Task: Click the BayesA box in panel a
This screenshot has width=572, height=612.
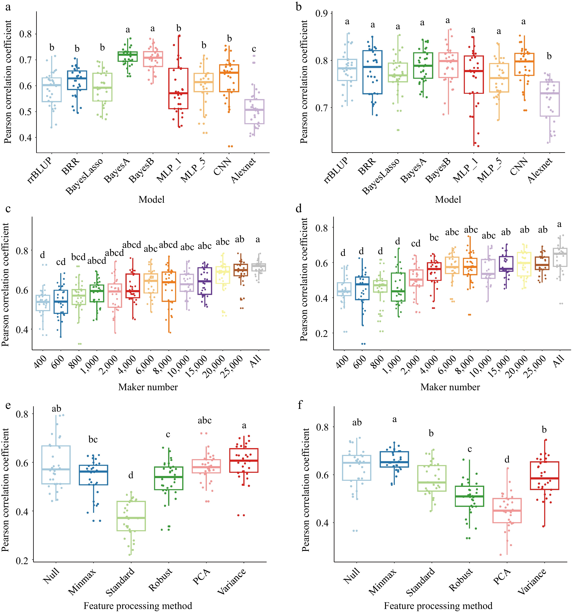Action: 128,57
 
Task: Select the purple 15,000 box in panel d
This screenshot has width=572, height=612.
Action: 506,264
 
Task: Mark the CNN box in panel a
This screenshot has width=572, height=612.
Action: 229,78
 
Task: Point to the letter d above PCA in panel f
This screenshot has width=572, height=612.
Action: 507,460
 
